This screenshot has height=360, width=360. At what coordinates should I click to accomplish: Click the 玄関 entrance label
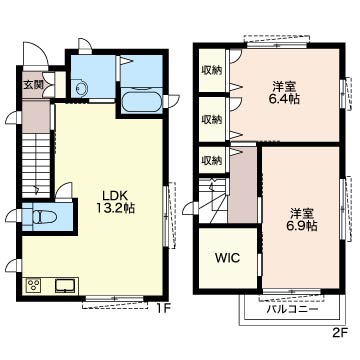pyautogui.click(x=33, y=84)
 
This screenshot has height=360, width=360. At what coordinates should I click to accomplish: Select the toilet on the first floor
pyautogui.click(x=44, y=218)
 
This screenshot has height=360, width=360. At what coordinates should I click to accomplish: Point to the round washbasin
pyautogui.click(x=81, y=89)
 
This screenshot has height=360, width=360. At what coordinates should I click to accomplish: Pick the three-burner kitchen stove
pyautogui.click(x=33, y=285)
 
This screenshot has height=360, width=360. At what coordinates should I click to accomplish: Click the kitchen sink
pyautogui.click(x=65, y=286)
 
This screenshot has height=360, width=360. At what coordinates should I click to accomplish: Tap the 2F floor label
pyautogui.click(x=340, y=332)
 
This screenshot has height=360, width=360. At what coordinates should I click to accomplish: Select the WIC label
pyautogui.click(x=228, y=258)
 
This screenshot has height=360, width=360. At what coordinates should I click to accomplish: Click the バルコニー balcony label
pyautogui.click(x=292, y=309)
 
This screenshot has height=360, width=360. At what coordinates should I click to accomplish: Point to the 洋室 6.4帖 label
pyautogui.click(x=284, y=93)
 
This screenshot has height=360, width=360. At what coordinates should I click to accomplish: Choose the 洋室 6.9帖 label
pyautogui.click(x=301, y=220)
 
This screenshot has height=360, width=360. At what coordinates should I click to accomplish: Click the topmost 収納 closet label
pyautogui.click(x=212, y=71)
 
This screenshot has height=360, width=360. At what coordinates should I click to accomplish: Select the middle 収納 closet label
pyautogui.click(x=212, y=119)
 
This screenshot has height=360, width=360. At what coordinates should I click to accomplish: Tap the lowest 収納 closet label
pyautogui.click(x=212, y=161)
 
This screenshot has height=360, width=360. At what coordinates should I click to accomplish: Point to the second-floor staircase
pyautogui.click(x=213, y=201)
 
